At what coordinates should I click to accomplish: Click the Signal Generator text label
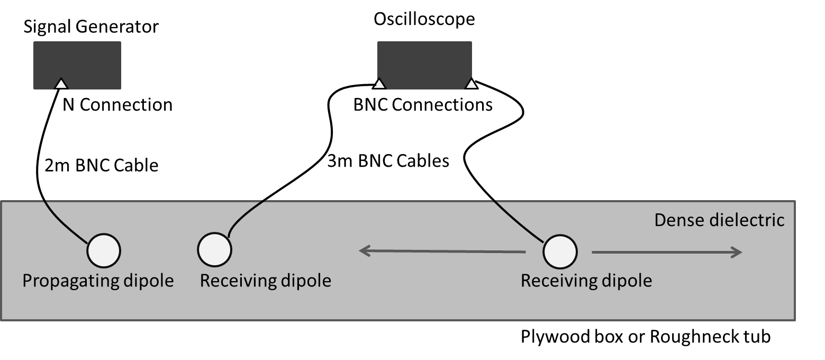click(x=90, y=26)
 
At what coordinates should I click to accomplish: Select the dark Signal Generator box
click(x=77, y=65)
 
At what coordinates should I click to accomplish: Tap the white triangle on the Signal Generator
click(x=61, y=84)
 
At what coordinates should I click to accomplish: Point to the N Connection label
click(x=117, y=105)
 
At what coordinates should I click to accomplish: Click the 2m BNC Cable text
click(x=102, y=165)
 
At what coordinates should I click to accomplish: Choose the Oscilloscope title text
click(x=424, y=19)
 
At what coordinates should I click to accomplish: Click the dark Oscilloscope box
click(x=424, y=62)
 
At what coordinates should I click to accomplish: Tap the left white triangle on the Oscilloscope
click(x=379, y=84)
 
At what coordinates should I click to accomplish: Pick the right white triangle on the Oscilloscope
click(x=471, y=83)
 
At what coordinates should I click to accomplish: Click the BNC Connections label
click(x=423, y=105)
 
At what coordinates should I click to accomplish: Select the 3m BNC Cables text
click(x=388, y=160)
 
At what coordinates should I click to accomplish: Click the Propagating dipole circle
click(x=104, y=250)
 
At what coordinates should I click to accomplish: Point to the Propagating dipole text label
click(x=98, y=280)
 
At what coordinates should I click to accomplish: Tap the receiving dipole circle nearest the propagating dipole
click(x=214, y=249)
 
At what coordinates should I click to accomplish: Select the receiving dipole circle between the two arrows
click(x=560, y=252)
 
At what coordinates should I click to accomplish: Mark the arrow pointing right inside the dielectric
click(x=667, y=253)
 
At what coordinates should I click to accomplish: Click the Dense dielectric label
click(x=719, y=220)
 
